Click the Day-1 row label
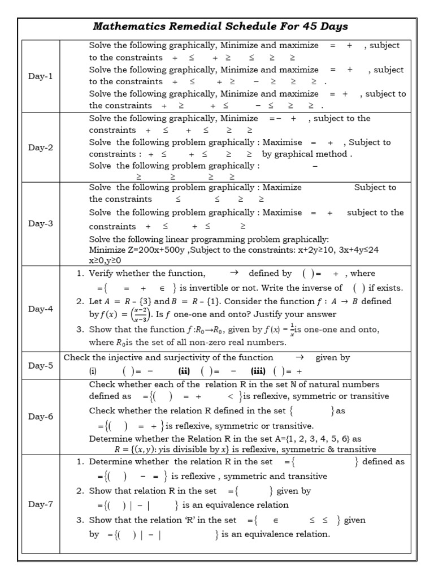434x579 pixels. [x=40, y=76]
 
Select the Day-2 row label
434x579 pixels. [x=40, y=147]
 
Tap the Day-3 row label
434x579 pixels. [x=40, y=223]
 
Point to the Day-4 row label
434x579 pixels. [x=40, y=309]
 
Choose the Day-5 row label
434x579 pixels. [x=40, y=365]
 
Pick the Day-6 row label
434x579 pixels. [x=40, y=416]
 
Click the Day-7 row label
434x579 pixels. [x=40, y=504]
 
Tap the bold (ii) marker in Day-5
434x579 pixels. [x=184, y=371]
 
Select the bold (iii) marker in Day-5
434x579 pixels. [x=259, y=371]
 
